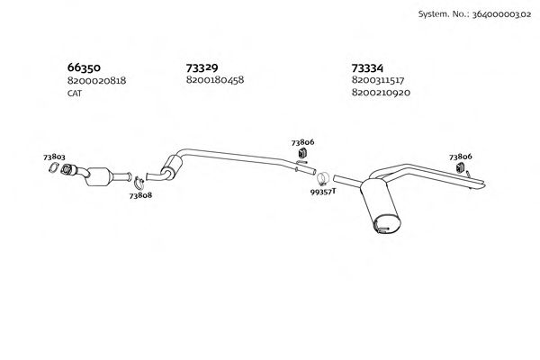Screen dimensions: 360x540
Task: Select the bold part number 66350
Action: [84, 67]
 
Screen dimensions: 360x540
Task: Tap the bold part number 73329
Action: [202, 67]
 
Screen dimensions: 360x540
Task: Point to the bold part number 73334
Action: [367, 67]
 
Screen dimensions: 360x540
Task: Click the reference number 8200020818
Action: [96, 80]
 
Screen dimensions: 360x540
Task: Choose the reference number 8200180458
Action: [215, 80]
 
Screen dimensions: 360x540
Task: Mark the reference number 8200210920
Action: [381, 93]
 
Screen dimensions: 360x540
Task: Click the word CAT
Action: [76, 93]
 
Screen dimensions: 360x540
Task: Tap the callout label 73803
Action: [54, 157]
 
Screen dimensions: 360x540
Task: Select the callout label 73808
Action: [140, 194]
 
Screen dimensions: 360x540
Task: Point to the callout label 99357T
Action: [322, 191]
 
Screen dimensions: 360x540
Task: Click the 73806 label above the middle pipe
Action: [302, 142]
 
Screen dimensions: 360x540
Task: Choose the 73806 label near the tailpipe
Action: [460, 157]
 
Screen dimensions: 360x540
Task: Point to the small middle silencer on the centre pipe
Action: [169, 166]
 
